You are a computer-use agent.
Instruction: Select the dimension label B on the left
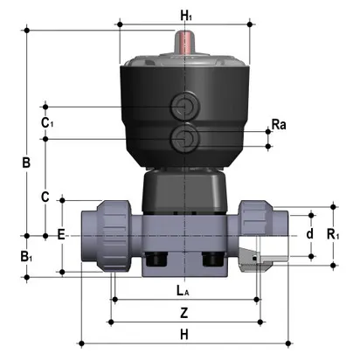point(26,163)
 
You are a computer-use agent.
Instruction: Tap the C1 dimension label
point(48,122)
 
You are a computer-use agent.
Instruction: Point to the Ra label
point(279,126)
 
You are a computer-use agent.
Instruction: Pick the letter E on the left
point(61,234)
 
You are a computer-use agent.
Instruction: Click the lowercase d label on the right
point(308,234)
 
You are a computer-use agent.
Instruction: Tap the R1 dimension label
point(333,234)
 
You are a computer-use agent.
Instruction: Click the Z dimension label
point(183,311)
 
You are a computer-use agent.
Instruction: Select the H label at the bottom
point(183,335)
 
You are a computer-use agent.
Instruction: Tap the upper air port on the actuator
point(184,107)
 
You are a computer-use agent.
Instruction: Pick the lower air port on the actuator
point(184,136)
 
